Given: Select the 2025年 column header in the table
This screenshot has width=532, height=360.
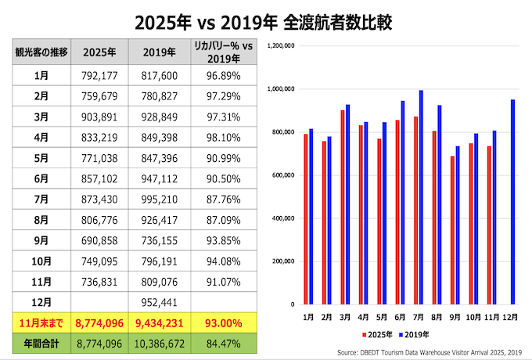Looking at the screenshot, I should click(x=99, y=52).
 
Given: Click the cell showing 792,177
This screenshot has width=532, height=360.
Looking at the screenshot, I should click(x=99, y=75).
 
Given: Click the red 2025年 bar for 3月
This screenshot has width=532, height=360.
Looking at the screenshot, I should click(x=343, y=207).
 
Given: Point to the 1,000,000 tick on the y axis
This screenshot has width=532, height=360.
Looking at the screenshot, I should click(x=281, y=89).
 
